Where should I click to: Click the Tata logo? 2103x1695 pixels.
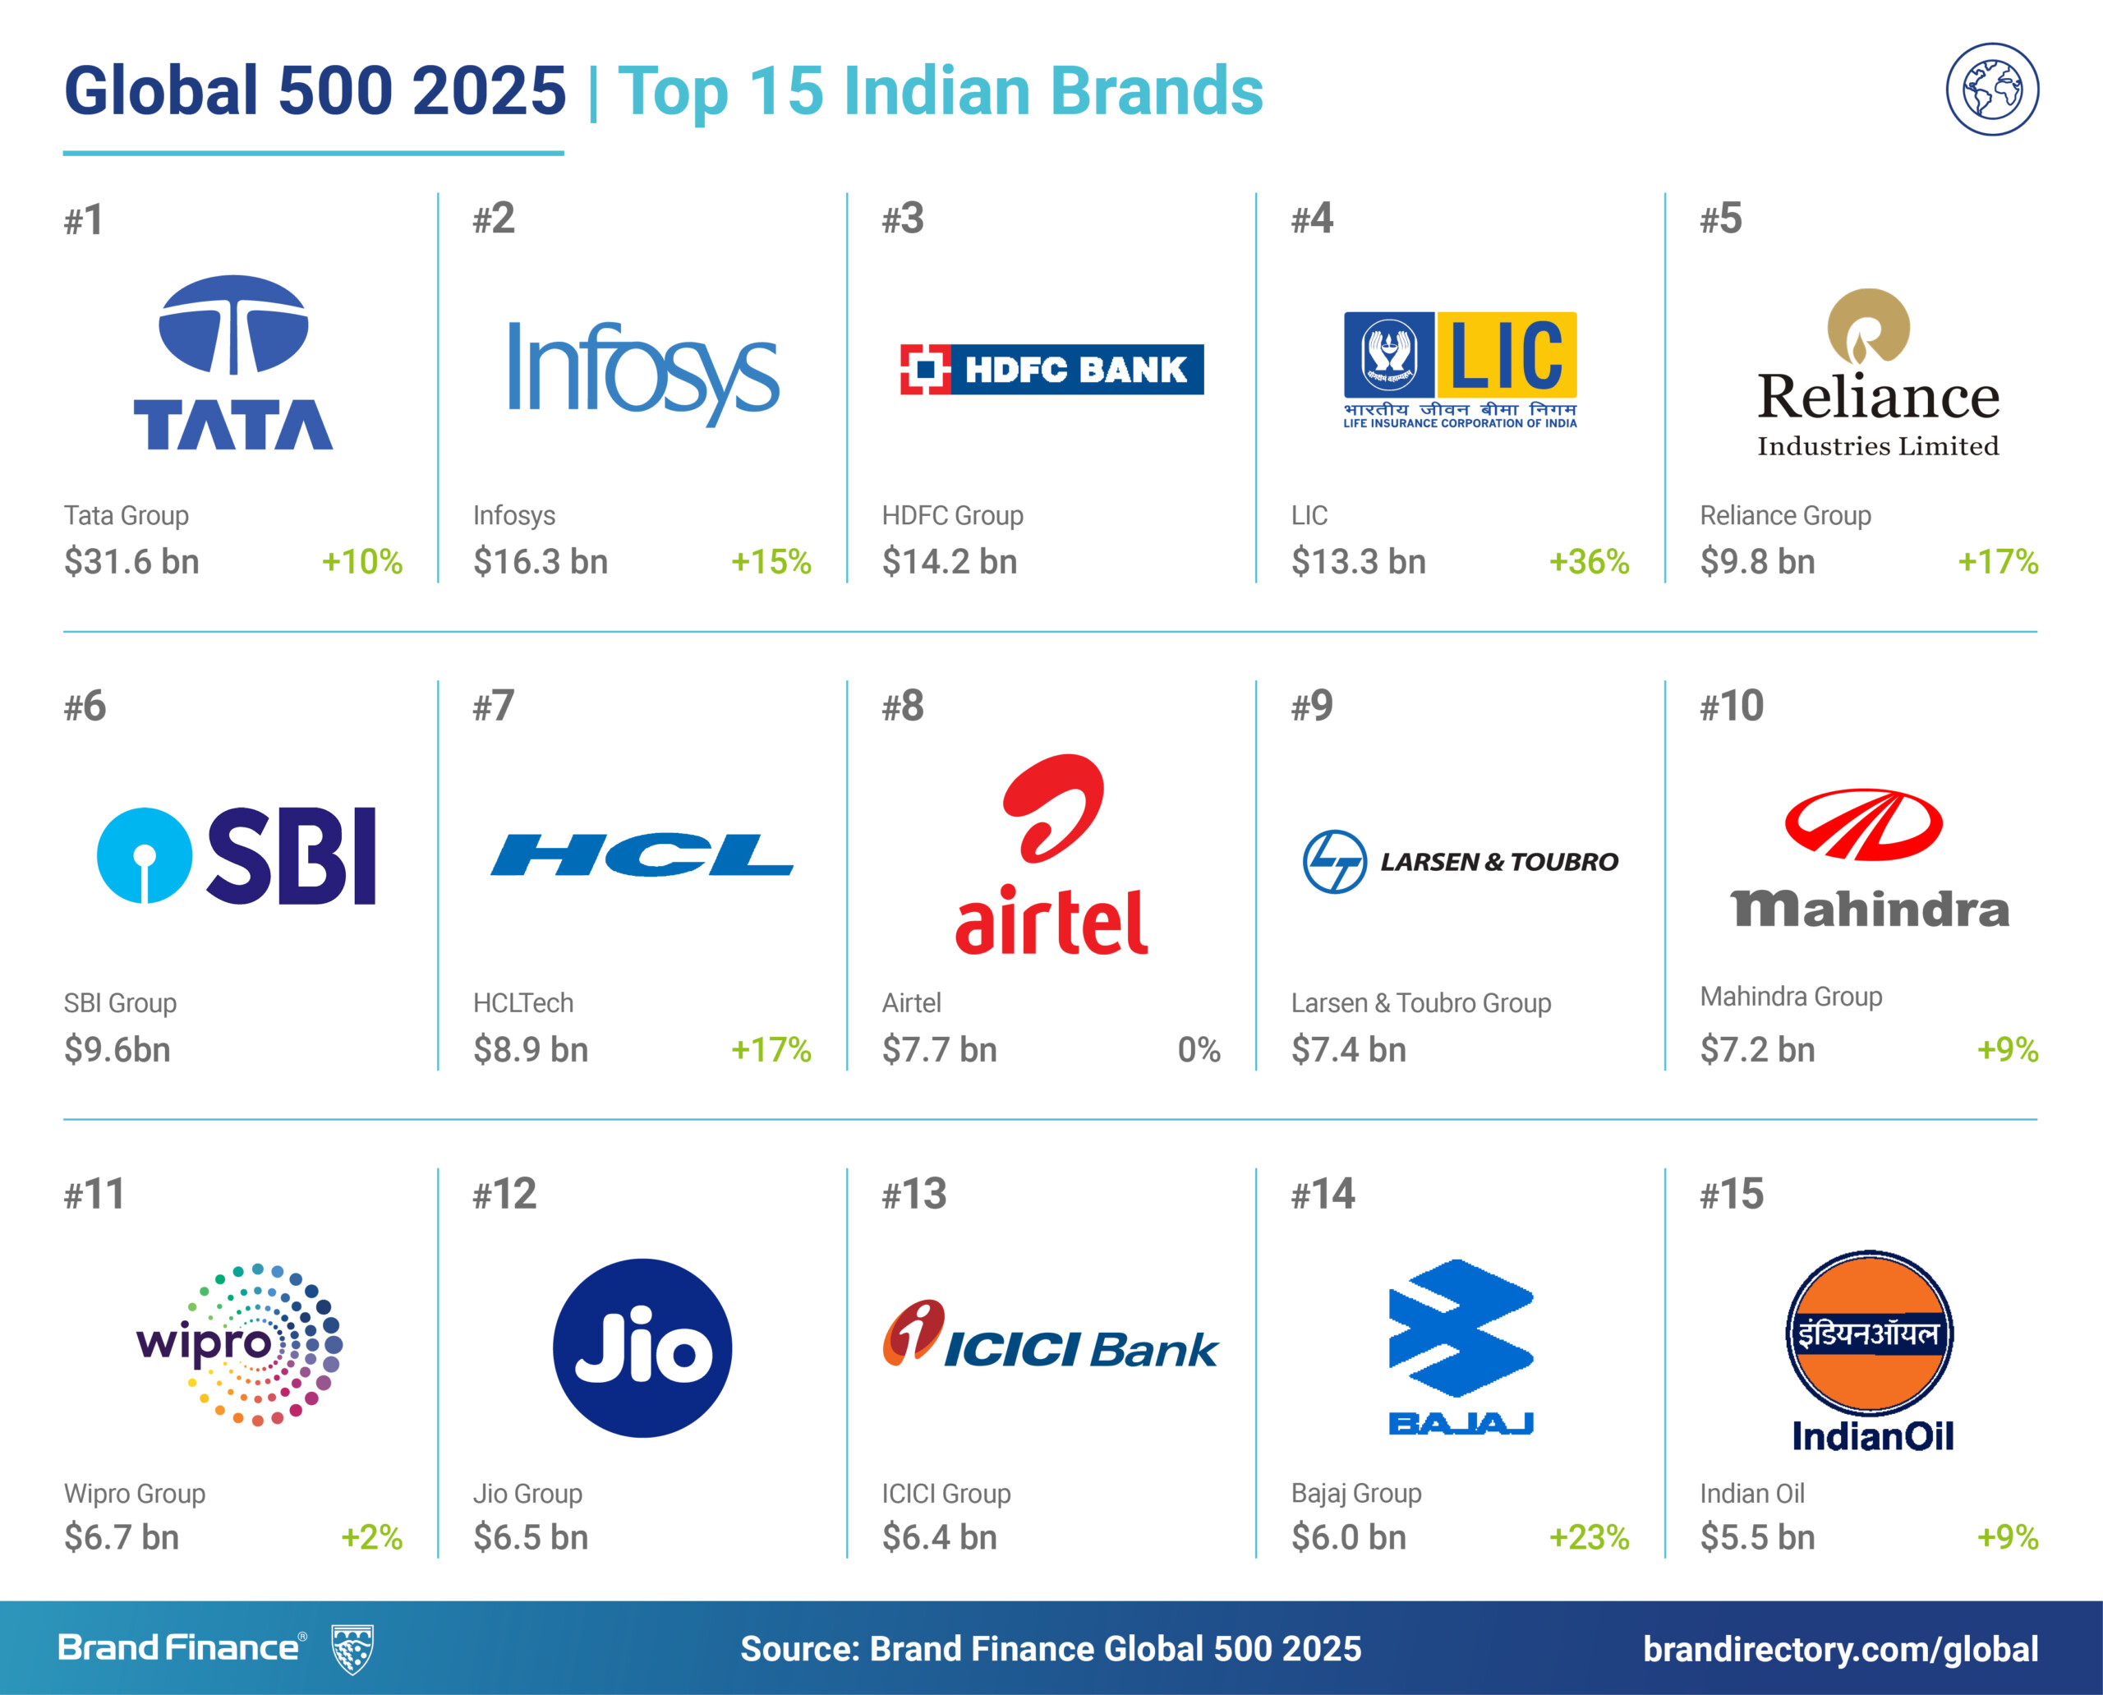pos(233,362)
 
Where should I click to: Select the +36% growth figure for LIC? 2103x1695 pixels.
pos(1589,562)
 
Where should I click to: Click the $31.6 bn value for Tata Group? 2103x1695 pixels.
pos(131,562)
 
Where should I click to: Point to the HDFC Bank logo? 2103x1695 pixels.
pos(1051,369)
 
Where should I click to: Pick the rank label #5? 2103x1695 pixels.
pos(1720,219)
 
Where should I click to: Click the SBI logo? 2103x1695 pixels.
pos(237,856)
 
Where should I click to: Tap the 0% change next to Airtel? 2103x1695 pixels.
pos(1198,1049)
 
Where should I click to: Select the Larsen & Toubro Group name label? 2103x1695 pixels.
pos(1420,1002)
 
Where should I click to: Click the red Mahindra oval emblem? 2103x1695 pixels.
pos(1863,825)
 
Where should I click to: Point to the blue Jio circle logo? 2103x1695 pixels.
pos(642,1348)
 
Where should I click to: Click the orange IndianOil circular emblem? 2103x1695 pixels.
pos(1870,1333)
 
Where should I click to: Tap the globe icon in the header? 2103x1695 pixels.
pos(1992,89)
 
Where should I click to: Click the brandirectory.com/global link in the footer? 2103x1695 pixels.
pos(1840,1649)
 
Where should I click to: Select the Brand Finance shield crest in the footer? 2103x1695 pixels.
pos(352,1649)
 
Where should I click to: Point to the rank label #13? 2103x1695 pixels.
pos(913,1194)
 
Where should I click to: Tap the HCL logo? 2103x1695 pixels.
pos(642,855)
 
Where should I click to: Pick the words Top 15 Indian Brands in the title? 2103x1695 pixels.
pos(941,91)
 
